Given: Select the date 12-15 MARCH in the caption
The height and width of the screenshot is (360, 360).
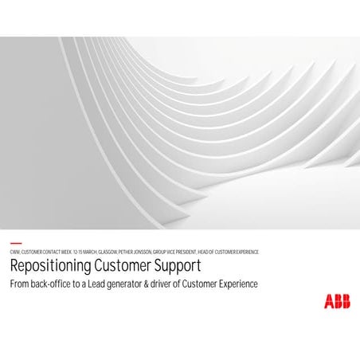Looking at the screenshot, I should click(84, 252).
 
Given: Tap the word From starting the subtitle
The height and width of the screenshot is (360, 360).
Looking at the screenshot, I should click(19, 284).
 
